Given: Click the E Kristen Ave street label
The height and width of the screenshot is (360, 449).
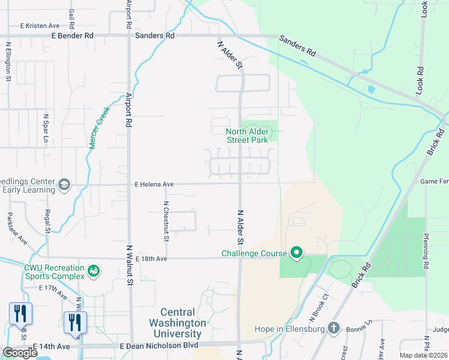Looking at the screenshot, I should point(40,26).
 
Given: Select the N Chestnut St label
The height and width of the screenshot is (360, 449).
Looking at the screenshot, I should point(167,221).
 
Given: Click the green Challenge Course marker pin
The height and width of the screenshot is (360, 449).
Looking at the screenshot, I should point(296,253).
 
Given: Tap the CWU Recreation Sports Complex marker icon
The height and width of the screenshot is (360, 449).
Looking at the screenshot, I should point(93,272).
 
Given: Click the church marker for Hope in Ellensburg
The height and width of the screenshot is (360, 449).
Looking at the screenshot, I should point(334,328).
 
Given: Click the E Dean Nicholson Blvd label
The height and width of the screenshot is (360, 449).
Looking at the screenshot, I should point(158,346).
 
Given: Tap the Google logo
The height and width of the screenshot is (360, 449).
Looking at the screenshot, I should point(20,352).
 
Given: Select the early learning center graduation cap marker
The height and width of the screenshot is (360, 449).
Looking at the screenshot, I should point(64,185).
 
